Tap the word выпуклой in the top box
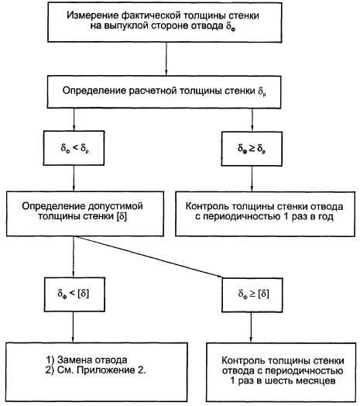[x=125, y=26]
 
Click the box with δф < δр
[x=74, y=148]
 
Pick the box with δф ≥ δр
[x=252, y=149]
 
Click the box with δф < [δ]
[x=75, y=294]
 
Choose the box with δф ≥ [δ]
[x=252, y=295]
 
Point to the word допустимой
[x=115, y=206]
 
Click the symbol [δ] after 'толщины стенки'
[x=122, y=216]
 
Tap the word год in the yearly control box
[x=327, y=217]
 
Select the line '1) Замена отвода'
[x=87, y=360]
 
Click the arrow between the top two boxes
[x=166, y=59]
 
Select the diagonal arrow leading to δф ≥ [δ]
[x=149, y=257]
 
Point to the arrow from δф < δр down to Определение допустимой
[x=74, y=178]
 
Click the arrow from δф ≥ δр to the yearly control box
[x=252, y=179]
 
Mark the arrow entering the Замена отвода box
[x=73, y=327]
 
